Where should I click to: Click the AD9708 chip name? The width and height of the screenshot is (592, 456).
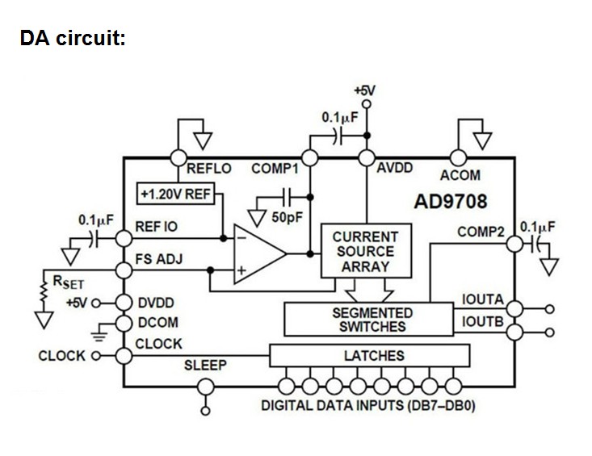(x=451, y=202)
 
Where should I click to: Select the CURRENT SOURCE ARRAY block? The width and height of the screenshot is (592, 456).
(x=366, y=251)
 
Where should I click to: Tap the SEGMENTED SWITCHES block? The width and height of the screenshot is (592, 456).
(x=368, y=319)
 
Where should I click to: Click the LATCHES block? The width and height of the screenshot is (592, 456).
(x=370, y=355)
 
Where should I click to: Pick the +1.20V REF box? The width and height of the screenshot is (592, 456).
(x=175, y=194)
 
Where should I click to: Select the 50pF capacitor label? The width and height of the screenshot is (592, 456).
(x=287, y=217)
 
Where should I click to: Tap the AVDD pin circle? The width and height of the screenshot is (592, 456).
(x=366, y=158)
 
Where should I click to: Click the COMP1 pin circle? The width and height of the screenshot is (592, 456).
(x=310, y=158)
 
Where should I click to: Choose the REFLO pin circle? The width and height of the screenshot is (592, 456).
(x=178, y=157)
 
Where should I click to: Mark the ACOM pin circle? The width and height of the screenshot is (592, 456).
(x=459, y=158)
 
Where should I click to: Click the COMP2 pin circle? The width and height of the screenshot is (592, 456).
(x=514, y=244)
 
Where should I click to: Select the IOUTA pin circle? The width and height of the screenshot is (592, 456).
(x=514, y=308)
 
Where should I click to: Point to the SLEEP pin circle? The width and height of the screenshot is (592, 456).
(x=206, y=387)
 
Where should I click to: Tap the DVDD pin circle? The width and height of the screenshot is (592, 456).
(x=124, y=303)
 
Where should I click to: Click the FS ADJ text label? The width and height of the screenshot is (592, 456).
(x=159, y=259)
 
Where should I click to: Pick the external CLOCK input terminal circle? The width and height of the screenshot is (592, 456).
(x=96, y=356)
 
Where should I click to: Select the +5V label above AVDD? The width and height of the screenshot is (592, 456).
(x=365, y=90)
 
